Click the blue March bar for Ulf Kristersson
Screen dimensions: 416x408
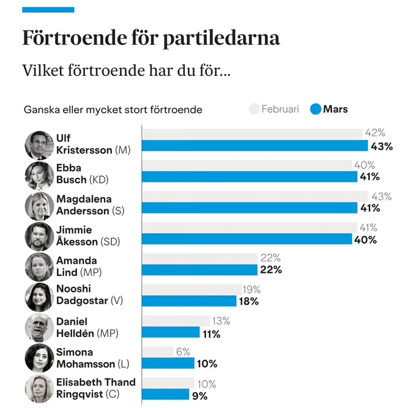(x=255, y=146)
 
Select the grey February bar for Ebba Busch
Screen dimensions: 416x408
(x=247, y=165)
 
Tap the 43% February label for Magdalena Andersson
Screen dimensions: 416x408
(x=382, y=196)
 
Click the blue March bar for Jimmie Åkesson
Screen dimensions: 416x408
(x=247, y=239)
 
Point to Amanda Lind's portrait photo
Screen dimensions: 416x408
(x=39, y=267)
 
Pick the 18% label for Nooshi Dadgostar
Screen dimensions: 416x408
(x=248, y=302)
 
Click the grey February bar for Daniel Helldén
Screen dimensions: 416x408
(x=176, y=321)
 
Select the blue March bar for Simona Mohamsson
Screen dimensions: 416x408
(x=168, y=363)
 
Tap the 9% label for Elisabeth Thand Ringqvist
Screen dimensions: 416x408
(x=200, y=396)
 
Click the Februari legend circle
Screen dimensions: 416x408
(x=254, y=109)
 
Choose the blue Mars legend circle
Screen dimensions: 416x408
(x=316, y=109)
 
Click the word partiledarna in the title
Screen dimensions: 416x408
(x=221, y=39)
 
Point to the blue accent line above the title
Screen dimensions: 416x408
(x=48, y=10)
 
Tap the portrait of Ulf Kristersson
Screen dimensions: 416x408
(x=39, y=145)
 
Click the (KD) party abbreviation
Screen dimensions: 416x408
(x=98, y=180)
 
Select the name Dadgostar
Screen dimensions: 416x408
(x=82, y=300)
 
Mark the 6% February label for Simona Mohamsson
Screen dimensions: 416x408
(x=183, y=352)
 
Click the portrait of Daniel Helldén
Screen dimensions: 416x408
(x=39, y=328)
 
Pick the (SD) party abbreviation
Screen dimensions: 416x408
(x=110, y=242)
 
